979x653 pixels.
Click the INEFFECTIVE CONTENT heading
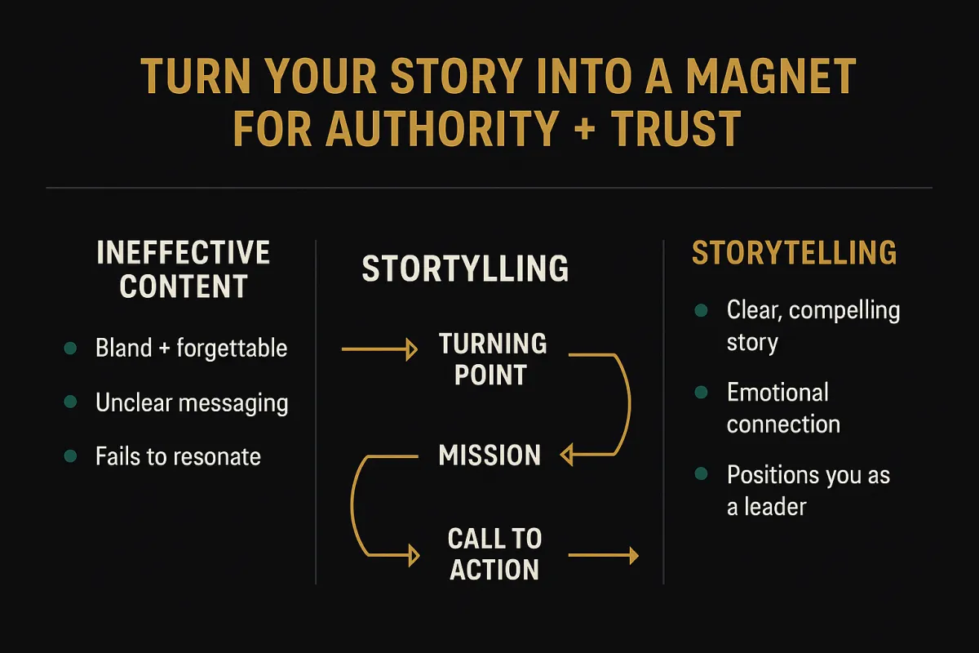(184, 269)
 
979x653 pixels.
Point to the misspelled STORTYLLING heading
(465, 269)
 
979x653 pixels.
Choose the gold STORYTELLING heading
(794, 253)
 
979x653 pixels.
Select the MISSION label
(489, 455)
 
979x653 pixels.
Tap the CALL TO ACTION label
(494, 554)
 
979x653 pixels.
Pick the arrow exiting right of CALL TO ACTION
(603, 556)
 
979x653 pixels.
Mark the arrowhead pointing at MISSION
(565, 455)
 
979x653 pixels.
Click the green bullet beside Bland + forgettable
(71, 349)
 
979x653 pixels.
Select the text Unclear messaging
(192, 402)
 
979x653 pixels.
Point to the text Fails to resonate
(178, 455)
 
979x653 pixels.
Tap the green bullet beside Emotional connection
(701, 393)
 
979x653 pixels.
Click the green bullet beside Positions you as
(701, 474)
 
